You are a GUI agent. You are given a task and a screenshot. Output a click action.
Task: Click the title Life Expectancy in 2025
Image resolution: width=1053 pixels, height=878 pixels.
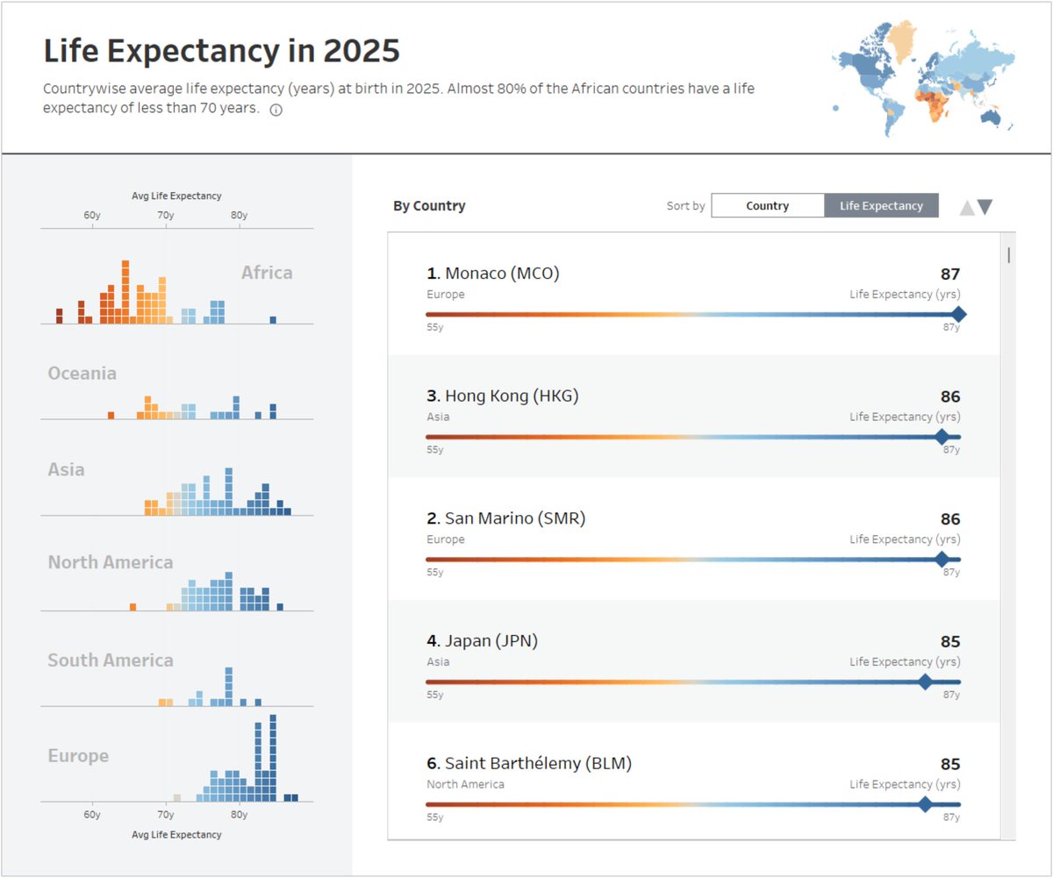[221, 52]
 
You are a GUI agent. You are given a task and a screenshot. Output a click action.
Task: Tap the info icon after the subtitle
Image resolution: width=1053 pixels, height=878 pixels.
[276, 111]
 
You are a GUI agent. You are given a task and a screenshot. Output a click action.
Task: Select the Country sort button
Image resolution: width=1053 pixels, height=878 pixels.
[767, 206]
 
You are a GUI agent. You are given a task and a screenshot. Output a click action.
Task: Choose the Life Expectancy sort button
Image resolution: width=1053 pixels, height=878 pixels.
[881, 206]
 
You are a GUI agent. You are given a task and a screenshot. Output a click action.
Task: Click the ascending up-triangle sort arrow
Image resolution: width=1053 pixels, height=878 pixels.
[966, 208]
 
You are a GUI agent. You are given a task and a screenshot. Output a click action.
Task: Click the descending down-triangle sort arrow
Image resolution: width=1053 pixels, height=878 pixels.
[985, 207]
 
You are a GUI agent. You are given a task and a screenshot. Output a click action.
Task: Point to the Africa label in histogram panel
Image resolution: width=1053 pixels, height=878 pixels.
[267, 273]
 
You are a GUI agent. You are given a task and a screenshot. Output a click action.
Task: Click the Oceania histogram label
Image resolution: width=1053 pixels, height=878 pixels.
[82, 374]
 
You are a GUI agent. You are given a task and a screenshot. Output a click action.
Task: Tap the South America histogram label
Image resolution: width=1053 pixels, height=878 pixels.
[111, 660]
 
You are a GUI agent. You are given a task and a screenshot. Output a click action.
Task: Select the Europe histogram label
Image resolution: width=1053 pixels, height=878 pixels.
[78, 756]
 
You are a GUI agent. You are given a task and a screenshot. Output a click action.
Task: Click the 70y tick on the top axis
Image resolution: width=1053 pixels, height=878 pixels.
[165, 216]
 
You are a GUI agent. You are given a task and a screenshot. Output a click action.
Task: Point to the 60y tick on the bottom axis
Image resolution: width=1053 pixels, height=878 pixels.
[91, 814]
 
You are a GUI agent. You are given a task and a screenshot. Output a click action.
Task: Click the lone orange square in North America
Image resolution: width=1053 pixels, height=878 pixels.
[133, 606]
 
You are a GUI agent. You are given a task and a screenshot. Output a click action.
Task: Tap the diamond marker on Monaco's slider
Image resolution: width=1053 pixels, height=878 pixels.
[958, 314]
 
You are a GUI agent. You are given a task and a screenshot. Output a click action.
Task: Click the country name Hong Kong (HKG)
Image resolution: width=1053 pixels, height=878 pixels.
[512, 396]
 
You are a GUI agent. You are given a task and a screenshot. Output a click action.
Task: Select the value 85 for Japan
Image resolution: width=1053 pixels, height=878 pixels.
[950, 642]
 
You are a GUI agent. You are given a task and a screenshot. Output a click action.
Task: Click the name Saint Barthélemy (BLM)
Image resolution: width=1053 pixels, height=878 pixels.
[538, 764]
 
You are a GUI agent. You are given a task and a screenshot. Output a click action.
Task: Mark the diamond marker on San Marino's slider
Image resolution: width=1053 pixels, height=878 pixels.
[942, 560]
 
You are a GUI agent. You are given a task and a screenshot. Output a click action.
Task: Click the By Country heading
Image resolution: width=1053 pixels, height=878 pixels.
[429, 206]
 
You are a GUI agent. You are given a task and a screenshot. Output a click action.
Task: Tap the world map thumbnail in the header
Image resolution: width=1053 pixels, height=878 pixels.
[923, 79]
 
